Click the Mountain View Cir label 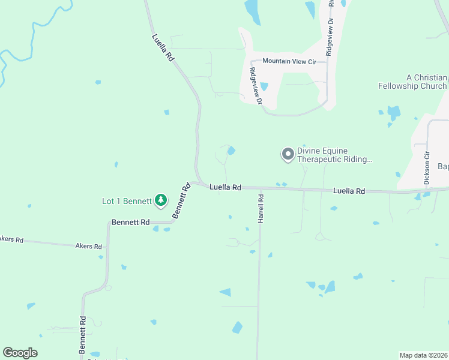point(289,61)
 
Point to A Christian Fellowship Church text point(412,82)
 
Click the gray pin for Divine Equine point(288,155)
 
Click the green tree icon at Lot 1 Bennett point(161,200)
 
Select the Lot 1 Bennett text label point(127,201)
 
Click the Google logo point(20,353)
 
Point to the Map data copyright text point(423,355)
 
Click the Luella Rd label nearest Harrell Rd point(225,188)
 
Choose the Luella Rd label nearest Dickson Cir point(349,191)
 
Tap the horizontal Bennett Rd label point(130,222)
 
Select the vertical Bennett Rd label point(83,335)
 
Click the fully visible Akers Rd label point(89,246)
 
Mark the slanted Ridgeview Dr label point(256,86)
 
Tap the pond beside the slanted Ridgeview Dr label point(264,86)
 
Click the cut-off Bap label point(443,166)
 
